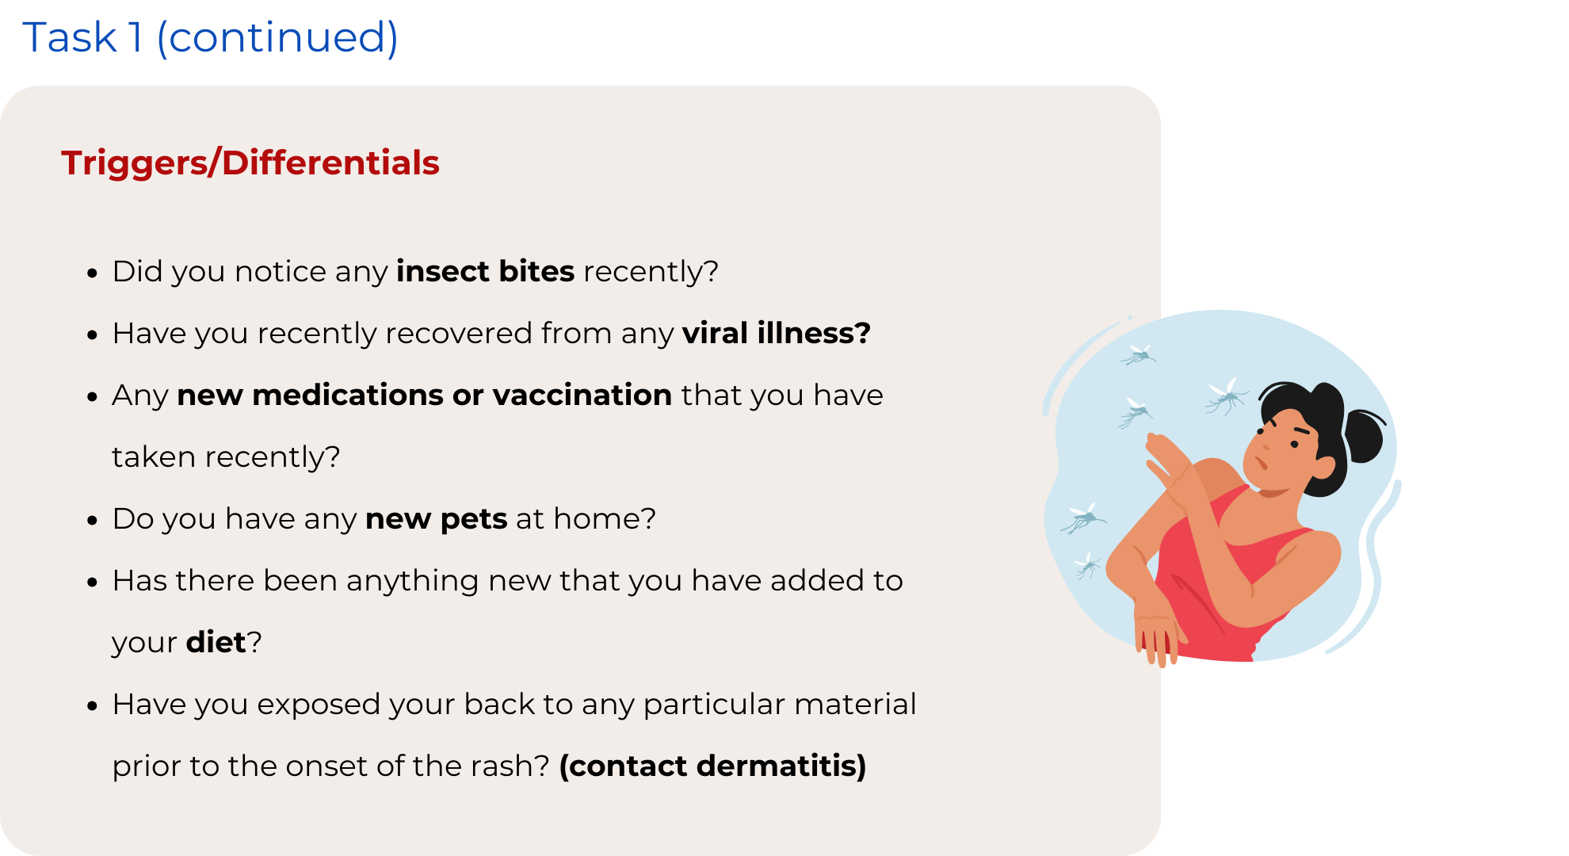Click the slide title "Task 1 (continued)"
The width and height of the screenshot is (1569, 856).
coord(210,37)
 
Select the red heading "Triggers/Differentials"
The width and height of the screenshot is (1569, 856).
coord(250,162)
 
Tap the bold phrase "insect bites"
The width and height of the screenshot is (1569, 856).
coord(486,271)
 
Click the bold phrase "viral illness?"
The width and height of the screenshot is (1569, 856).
coord(777,333)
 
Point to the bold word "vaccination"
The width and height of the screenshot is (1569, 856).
coord(582,395)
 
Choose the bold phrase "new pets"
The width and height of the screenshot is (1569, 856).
coord(437,519)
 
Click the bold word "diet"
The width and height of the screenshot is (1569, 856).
coord(216,642)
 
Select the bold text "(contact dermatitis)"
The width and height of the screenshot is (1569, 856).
coord(713,766)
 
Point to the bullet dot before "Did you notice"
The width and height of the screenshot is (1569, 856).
coord(93,273)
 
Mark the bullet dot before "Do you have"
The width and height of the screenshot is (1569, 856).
coord(93,521)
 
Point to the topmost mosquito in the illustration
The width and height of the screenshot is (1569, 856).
coord(1139,354)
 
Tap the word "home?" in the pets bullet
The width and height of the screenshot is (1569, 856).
coord(605,519)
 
